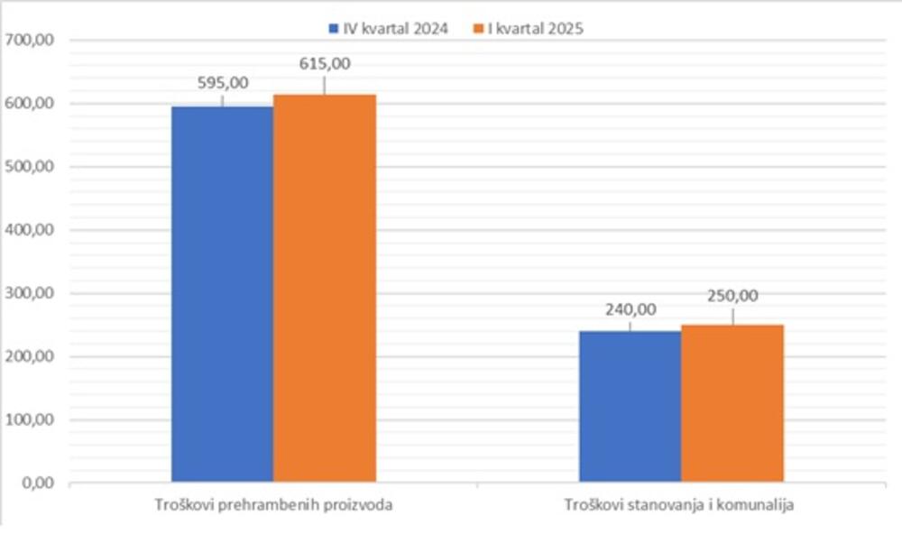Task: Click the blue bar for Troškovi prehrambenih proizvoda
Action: click(x=222, y=294)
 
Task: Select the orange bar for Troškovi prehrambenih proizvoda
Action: click(x=325, y=288)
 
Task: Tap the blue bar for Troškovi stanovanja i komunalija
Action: click(x=630, y=406)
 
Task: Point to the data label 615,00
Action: click(x=325, y=64)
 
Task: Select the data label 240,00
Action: click(x=630, y=309)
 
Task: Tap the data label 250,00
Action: click(x=732, y=295)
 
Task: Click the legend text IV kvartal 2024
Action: click(x=394, y=29)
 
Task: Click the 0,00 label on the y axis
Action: click(x=37, y=483)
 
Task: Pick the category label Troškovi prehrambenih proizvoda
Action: click(x=273, y=505)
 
